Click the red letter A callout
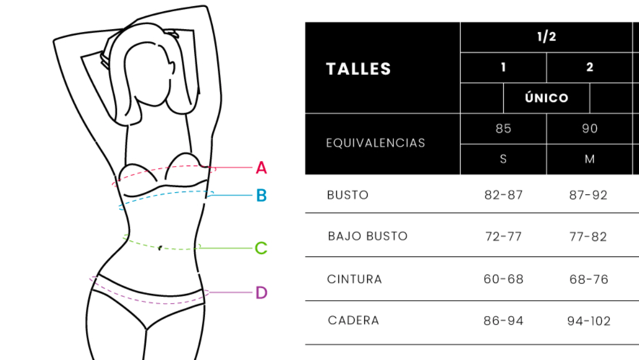[261, 167]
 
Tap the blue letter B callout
[262, 195]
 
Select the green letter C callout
[261, 248]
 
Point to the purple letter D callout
[262, 293]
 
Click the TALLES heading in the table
[359, 69]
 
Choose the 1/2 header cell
[547, 37]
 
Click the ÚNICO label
[547, 98]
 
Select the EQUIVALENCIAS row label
[376, 143]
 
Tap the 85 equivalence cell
[503, 129]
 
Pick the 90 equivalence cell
[589, 129]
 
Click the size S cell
[503, 159]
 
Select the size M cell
[589, 159]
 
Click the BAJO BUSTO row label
[368, 237]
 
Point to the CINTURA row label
[355, 279]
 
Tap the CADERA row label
[354, 321]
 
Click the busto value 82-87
[503, 195]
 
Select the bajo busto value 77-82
[588, 237]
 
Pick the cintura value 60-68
[503, 279]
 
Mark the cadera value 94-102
[589, 321]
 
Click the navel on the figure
[160, 248]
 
